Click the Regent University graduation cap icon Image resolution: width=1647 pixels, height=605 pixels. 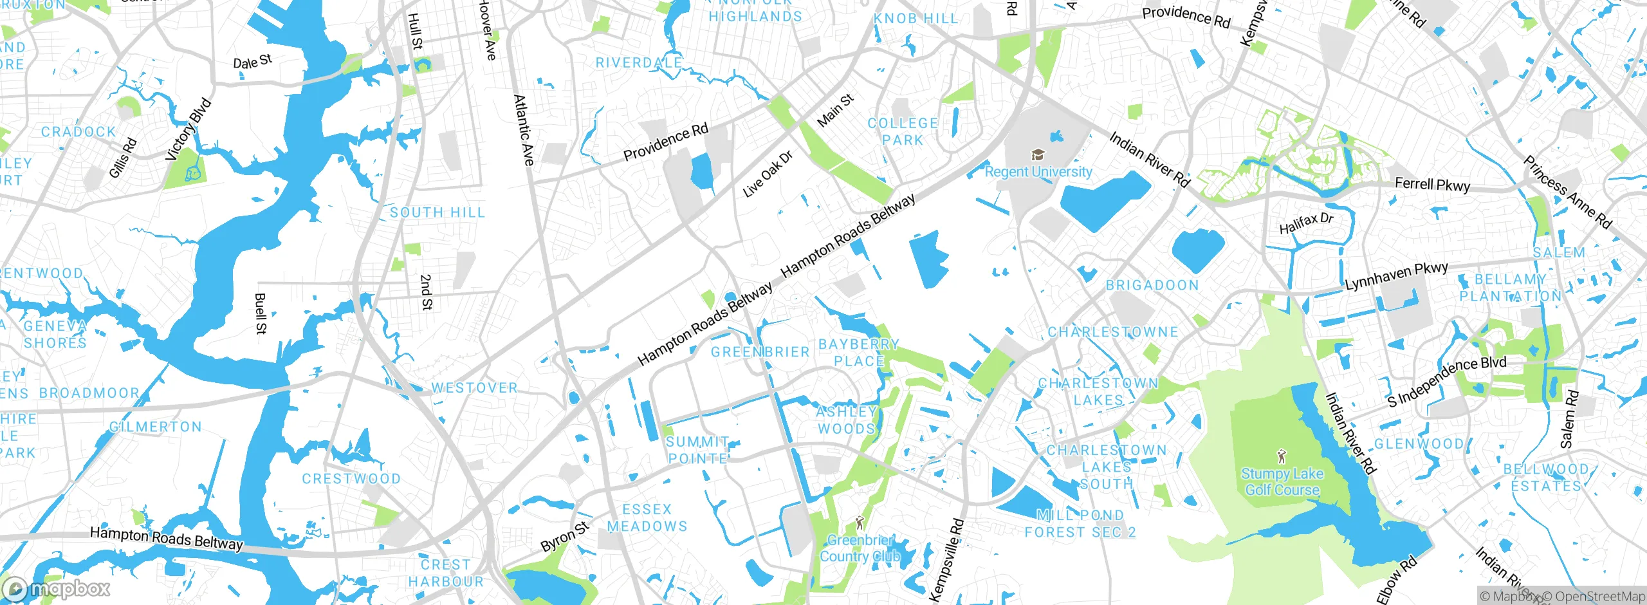click(1038, 155)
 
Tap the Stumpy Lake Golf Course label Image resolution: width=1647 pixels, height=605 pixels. click(1282, 481)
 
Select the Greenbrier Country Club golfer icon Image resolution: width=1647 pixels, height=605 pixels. click(860, 523)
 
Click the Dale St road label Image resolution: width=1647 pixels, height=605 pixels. click(252, 62)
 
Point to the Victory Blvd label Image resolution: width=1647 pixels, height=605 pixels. click(188, 129)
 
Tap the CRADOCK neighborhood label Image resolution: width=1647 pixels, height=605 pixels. click(78, 132)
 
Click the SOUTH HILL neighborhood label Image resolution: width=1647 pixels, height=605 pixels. click(437, 212)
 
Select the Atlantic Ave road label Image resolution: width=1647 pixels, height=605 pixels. click(524, 130)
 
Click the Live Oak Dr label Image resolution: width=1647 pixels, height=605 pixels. click(768, 174)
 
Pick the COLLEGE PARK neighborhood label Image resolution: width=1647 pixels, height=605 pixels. click(903, 131)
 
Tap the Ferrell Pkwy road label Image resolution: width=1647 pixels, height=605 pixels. click(1432, 185)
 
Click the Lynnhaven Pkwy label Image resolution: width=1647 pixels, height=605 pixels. click(1396, 275)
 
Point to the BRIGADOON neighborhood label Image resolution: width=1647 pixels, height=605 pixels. click(1152, 285)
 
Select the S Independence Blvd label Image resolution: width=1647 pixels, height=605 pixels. click(1446, 381)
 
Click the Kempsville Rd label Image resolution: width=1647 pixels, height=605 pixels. click(947, 560)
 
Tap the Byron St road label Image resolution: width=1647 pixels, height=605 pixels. click(564, 537)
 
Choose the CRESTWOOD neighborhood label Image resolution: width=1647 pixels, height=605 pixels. click(351, 479)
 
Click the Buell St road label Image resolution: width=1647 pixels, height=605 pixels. click(260, 313)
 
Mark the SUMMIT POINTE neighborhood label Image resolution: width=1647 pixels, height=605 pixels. click(697, 450)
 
